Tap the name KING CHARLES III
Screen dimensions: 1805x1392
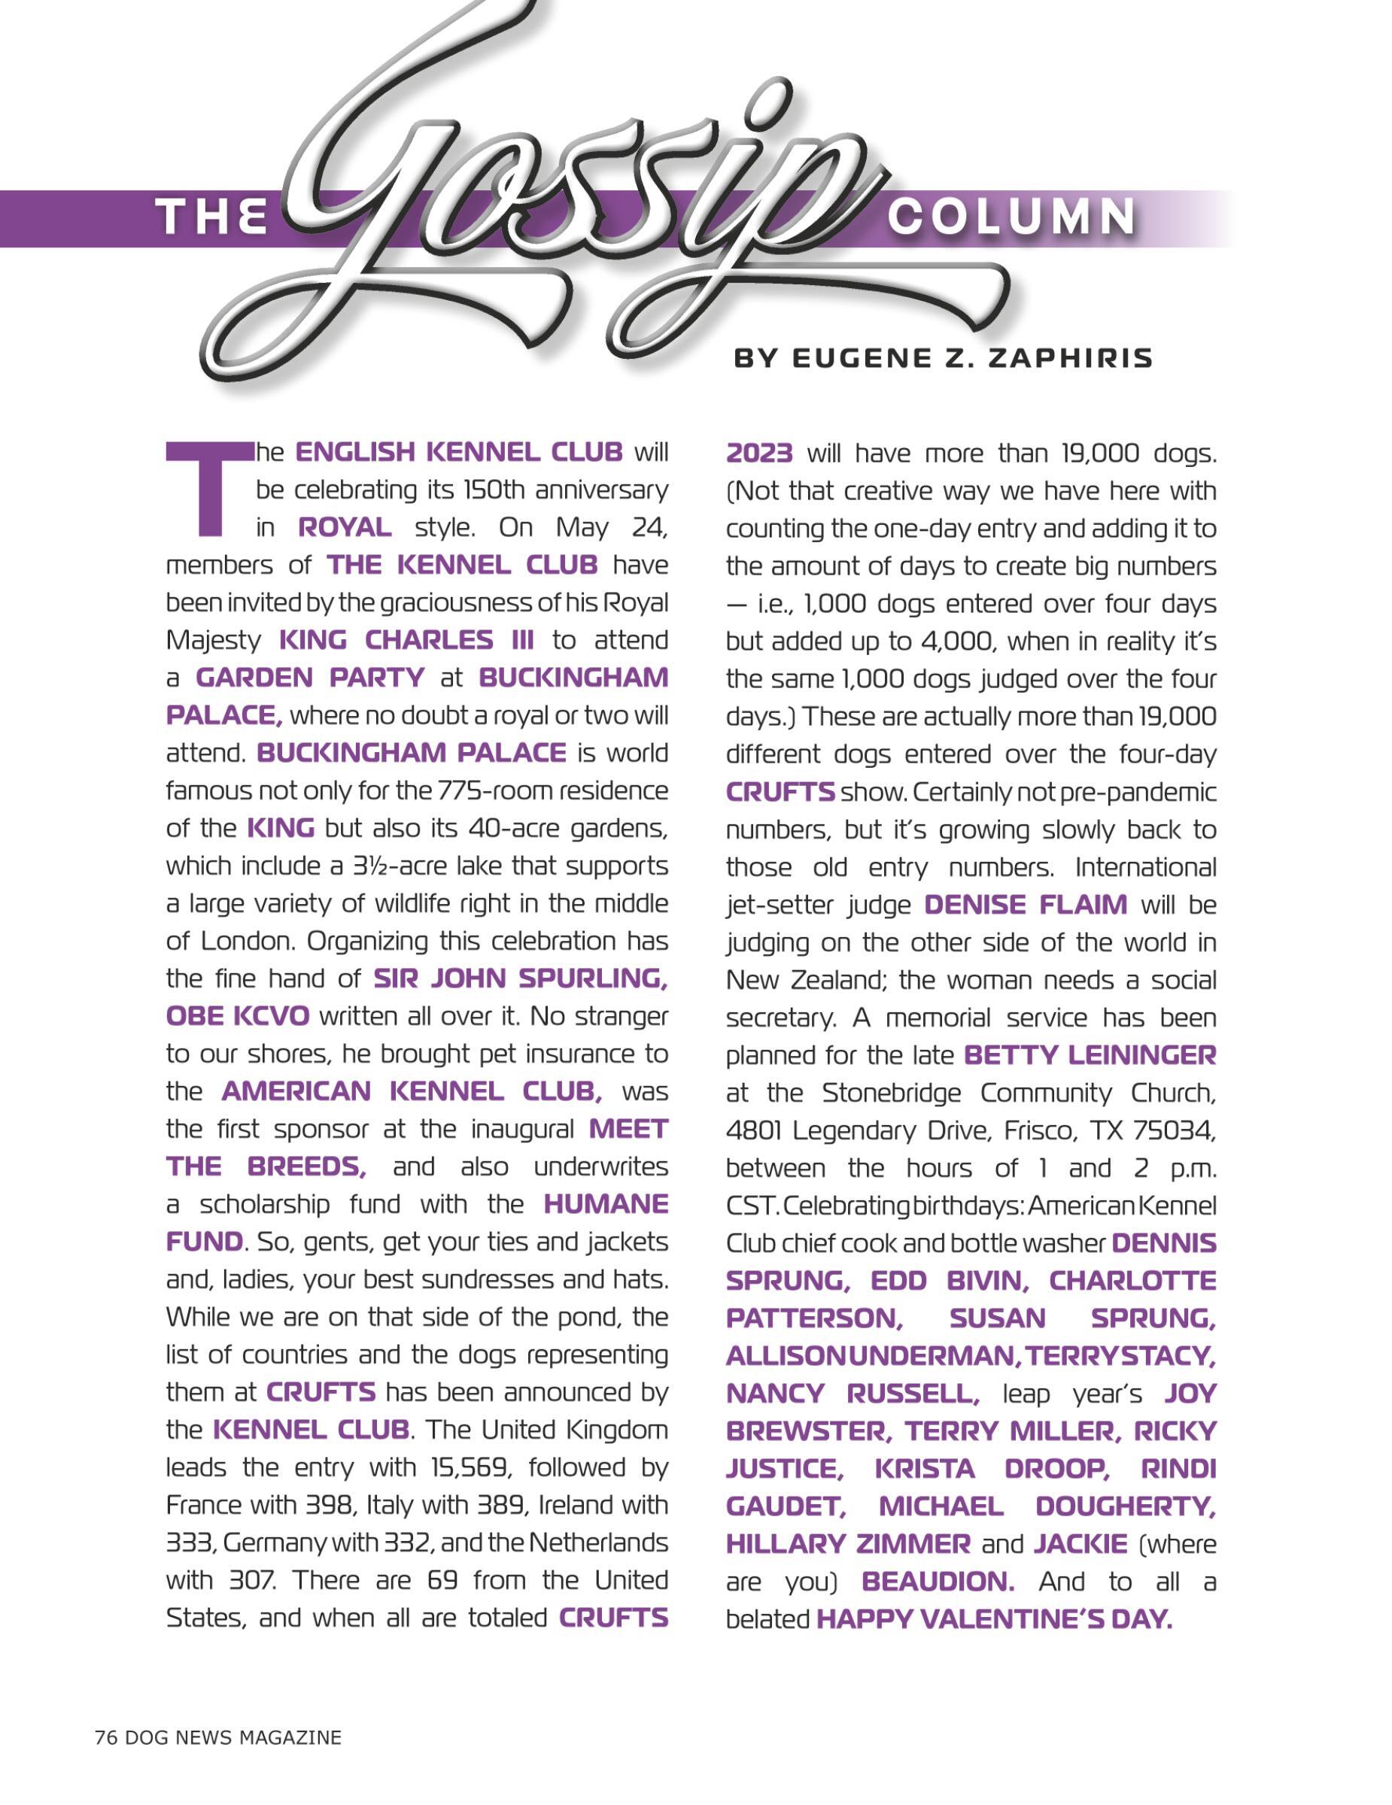click(x=406, y=640)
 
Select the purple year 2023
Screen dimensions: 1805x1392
click(x=758, y=453)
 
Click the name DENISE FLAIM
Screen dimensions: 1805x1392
click(x=1025, y=904)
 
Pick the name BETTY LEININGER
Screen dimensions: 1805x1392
click(x=1090, y=1054)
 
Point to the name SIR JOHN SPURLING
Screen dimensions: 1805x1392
click(x=521, y=978)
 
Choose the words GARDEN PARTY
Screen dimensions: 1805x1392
click(x=310, y=677)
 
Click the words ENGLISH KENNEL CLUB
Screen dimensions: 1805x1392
click(x=459, y=452)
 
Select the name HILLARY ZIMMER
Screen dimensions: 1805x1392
click(x=848, y=1543)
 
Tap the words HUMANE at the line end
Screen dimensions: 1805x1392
click(x=606, y=1203)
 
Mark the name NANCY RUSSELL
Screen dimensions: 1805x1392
click(x=853, y=1393)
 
